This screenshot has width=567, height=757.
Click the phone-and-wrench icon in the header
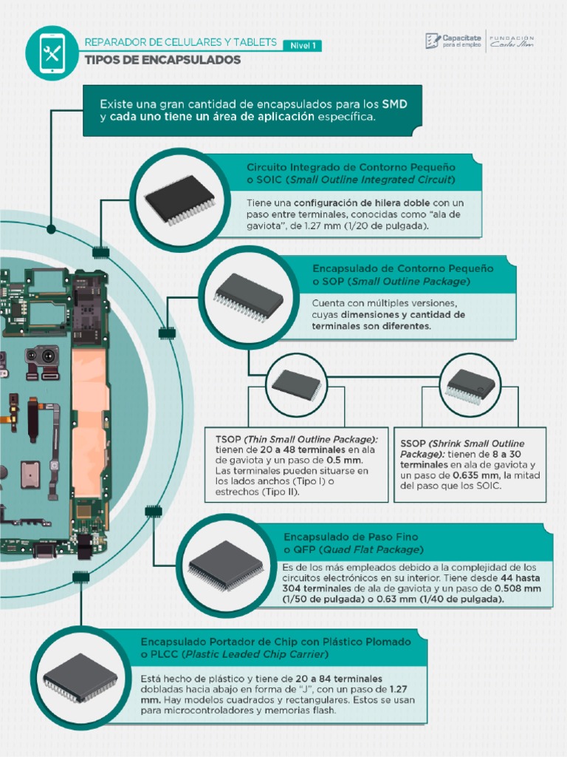coord(51,52)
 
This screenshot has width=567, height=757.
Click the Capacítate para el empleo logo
coord(453,41)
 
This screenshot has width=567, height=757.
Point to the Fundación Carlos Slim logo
coord(512,41)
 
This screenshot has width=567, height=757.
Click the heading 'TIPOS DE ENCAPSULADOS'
coord(162,60)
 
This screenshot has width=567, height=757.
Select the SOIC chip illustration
coord(180,199)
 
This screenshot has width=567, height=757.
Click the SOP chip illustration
coord(249,296)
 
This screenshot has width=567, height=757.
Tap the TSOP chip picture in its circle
coord(296,384)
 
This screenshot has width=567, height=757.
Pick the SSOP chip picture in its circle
coord(470,385)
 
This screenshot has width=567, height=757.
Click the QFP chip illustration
coord(226,566)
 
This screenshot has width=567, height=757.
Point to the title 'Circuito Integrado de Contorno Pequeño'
coord(351,166)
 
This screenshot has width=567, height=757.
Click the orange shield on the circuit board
coord(90,421)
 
